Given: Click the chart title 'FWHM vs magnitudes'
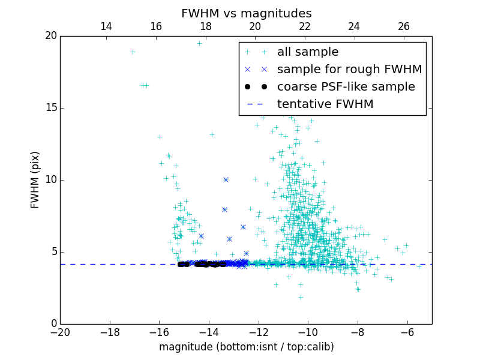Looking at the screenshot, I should coord(246,13).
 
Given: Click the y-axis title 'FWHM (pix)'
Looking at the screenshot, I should coord(35,179).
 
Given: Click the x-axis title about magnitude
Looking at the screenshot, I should coord(246,347).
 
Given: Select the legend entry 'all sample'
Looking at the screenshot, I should coord(307,52).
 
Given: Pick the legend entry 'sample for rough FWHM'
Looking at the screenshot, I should coord(349,70).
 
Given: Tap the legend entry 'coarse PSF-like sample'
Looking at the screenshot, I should coord(346,87).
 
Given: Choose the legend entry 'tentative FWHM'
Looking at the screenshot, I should coord(325,104).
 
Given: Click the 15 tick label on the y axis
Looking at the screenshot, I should coord(50,108).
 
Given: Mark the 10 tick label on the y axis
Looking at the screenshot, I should coord(50,180).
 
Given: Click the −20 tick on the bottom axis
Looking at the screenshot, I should coord(60,332).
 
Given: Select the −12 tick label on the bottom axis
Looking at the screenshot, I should coord(258,332).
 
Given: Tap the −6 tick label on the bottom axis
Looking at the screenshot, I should coord(407,332).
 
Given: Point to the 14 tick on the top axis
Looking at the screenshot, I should coord(106,26).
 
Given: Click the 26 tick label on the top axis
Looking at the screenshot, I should coord(404,26).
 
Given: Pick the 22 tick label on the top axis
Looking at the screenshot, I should coord(305,26).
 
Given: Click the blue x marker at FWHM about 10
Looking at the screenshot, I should coord(226,179).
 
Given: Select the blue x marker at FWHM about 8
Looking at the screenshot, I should coord(224,209).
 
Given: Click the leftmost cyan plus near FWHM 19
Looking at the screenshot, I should coord(133,52).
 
